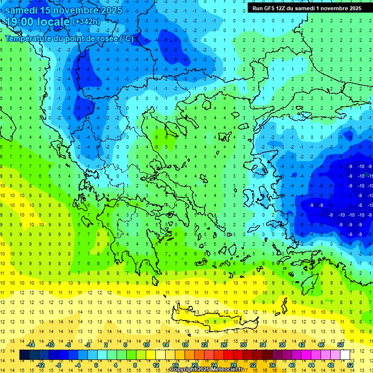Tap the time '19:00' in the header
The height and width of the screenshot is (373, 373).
[x=19, y=21]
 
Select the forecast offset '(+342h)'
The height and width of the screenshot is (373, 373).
[x=86, y=21]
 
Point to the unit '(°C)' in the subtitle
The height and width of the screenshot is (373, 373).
[x=126, y=38]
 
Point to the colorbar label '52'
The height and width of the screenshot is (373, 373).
[x=350, y=365]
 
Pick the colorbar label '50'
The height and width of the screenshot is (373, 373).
[x=340, y=345]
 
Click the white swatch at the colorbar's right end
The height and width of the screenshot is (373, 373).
[x=345, y=355]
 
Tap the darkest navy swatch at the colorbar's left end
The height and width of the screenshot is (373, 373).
[x=25, y=355]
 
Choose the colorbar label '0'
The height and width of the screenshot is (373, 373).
[x=96, y=365]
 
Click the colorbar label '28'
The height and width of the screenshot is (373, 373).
[x=234, y=365]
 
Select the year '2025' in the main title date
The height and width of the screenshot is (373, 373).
[x=111, y=9]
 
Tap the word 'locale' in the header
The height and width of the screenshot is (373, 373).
[x=54, y=21]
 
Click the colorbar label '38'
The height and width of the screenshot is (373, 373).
[x=282, y=345]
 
